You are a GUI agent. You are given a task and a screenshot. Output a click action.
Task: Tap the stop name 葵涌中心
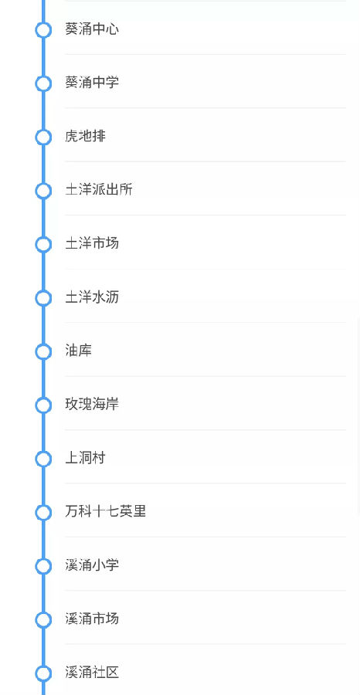[x=92, y=29]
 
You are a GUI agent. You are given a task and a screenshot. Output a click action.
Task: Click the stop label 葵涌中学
[x=92, y=83]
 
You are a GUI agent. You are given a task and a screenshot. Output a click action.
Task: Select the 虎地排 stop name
[x=85, y=136]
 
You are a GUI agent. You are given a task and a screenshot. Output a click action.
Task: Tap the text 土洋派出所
[x=98, y=190]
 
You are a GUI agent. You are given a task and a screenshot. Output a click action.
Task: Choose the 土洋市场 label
[x=92, y=243]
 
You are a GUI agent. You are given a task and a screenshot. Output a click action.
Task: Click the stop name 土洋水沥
[x=92, y=297]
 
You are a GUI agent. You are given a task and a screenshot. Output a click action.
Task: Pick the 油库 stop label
[x=79, y=351]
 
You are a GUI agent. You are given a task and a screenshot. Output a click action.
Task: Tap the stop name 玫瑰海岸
[x=92, y=404]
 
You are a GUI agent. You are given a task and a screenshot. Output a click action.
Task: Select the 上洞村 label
[x=85, y=458]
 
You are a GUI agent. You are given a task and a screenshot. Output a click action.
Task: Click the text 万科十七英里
[x=106, y=511]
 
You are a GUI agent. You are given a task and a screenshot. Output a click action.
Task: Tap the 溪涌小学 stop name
[x=92, y=565]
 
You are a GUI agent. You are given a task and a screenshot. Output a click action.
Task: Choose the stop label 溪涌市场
[x=92, y=619]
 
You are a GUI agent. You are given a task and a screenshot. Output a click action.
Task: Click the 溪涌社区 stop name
[x=92, y=673]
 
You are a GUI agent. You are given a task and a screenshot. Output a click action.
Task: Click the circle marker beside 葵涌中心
[x=43, y=22]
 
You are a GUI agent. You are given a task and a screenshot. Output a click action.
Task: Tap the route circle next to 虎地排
[x=43, y=130]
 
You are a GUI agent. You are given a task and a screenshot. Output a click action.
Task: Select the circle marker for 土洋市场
[x=43, y=237]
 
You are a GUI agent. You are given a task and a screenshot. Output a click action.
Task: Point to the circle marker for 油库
[x=43, y=344]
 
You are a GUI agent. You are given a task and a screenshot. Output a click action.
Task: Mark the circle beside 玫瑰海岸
[x=43, y=398]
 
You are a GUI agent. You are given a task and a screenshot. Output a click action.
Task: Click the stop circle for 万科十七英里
[x=43, y=505]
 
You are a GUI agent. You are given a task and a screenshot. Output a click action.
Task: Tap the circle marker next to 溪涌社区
[x=43, y=666]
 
